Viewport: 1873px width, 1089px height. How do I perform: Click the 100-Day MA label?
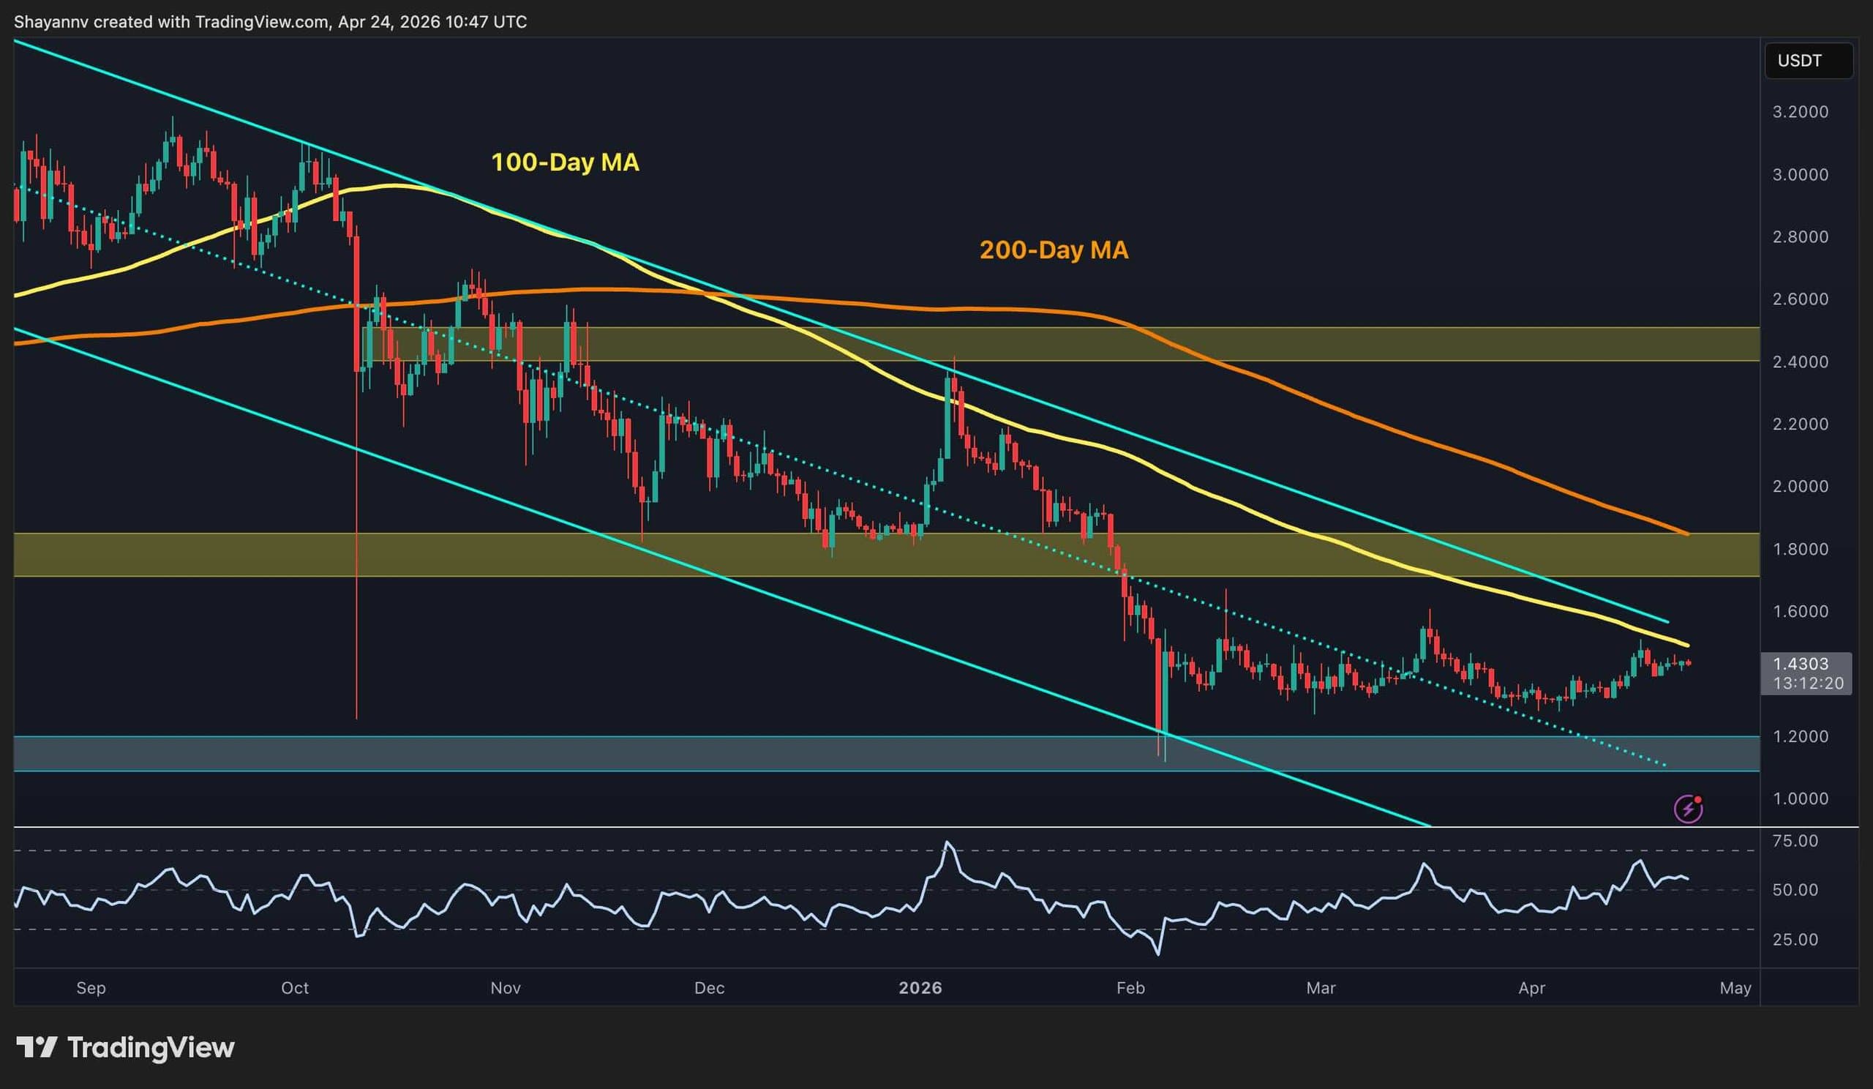tap(565, 162)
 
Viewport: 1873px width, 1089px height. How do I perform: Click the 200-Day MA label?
tap(1053, 250)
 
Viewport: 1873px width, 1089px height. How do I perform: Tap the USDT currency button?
tap(1798, 61)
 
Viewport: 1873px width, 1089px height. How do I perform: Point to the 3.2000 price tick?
tap(1800, 112)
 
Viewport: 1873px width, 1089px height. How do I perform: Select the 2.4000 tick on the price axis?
tap(1800, 362)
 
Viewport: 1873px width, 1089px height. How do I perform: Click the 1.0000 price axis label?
tap(1800, 799)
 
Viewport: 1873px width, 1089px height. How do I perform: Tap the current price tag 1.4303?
tap(1800, 664)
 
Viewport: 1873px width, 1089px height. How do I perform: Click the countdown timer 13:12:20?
tap(1808, 683)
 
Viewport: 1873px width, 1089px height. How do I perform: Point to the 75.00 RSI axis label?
tap(1795, 841)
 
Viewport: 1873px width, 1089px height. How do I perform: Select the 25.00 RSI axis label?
tap(1795, 940)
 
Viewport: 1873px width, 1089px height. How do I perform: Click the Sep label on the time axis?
tap(91, 988)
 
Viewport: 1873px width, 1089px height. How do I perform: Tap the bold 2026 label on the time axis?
tap(920, 988)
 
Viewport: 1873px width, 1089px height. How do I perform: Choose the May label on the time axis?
tap(1735, 988)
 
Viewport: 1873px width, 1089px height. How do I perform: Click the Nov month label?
tap(506, 988)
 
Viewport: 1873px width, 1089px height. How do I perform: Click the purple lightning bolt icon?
tap(1688, 809)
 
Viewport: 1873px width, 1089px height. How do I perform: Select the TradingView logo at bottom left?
tap(125, 1047)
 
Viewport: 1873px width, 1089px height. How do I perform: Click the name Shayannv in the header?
tap(50, 22)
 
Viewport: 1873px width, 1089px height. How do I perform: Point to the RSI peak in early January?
tap(946, 843)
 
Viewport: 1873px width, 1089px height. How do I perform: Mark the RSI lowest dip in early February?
tap(1158, 954)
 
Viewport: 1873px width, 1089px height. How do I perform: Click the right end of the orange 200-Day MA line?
tap(1687, 534)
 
